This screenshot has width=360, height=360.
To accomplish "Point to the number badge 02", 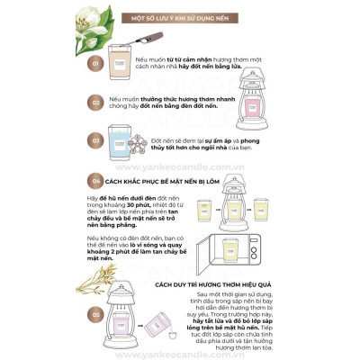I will click(x=95, y=103).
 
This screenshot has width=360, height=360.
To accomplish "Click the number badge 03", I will click(x=95, y=141).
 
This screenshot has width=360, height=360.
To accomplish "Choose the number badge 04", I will click(x=95, y=180).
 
